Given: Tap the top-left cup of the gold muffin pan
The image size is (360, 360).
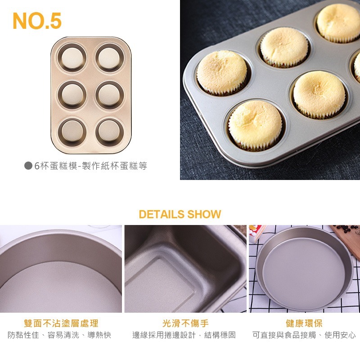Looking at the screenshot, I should [72, 58].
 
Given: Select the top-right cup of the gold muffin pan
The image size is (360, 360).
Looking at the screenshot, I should [108, 58].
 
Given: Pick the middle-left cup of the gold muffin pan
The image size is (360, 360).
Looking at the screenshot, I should [72, 94].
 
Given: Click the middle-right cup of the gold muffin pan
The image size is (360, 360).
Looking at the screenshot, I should [108, 94].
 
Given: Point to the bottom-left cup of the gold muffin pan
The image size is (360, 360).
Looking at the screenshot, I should [72, 130].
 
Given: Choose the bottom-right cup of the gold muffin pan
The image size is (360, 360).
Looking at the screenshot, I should [108, 130].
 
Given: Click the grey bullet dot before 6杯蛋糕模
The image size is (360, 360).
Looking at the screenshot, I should [28, 166].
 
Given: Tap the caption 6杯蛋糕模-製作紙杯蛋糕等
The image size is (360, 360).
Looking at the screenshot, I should [90, 166].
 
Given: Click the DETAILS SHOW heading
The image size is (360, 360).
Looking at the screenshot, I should [180, 214].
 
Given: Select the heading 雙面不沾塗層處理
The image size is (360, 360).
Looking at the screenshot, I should [61, 323].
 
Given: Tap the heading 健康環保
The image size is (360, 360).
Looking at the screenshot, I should [304, 323].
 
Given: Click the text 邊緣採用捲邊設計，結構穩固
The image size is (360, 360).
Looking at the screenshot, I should [184, 335].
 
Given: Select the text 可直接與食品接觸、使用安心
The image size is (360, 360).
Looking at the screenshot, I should [304, 335].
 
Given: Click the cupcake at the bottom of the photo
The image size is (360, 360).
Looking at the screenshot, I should [255, 125].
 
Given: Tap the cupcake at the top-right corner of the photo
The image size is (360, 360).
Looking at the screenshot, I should [338, 22].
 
